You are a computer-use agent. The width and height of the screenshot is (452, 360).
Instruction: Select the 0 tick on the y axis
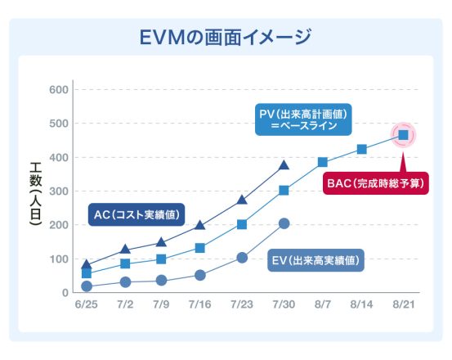click(63, 293)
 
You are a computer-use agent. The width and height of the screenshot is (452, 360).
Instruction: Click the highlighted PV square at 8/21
click(404, 135)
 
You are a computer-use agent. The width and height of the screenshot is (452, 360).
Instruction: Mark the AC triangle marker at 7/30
click(284, 164)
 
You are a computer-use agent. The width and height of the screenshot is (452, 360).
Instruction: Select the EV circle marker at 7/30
click(284, 223)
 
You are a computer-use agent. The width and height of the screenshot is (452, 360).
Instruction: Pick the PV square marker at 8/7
click(323, 162)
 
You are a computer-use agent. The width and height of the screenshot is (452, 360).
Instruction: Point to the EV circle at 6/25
click(87, 286)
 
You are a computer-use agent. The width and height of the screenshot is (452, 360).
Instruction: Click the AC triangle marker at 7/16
click(200, 225)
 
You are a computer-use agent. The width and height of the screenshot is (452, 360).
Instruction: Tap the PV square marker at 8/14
click(362, 149)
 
